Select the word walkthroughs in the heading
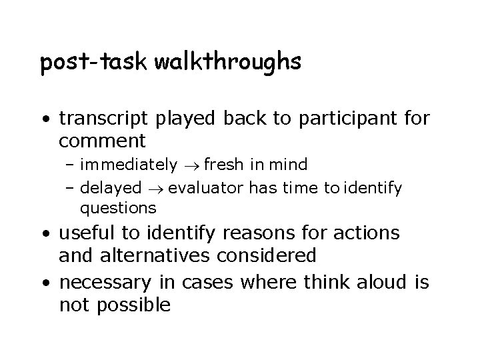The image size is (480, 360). (x=228, y=63)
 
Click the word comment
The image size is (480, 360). (x=102, y=141)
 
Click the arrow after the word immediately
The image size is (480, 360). (x=191, y=165)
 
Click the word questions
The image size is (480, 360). (x=118, y=208)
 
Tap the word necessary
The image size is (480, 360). (x=100, y=283)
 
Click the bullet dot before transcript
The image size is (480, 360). (x=45, y=121)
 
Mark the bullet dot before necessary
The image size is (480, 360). (x=45, y=283)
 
